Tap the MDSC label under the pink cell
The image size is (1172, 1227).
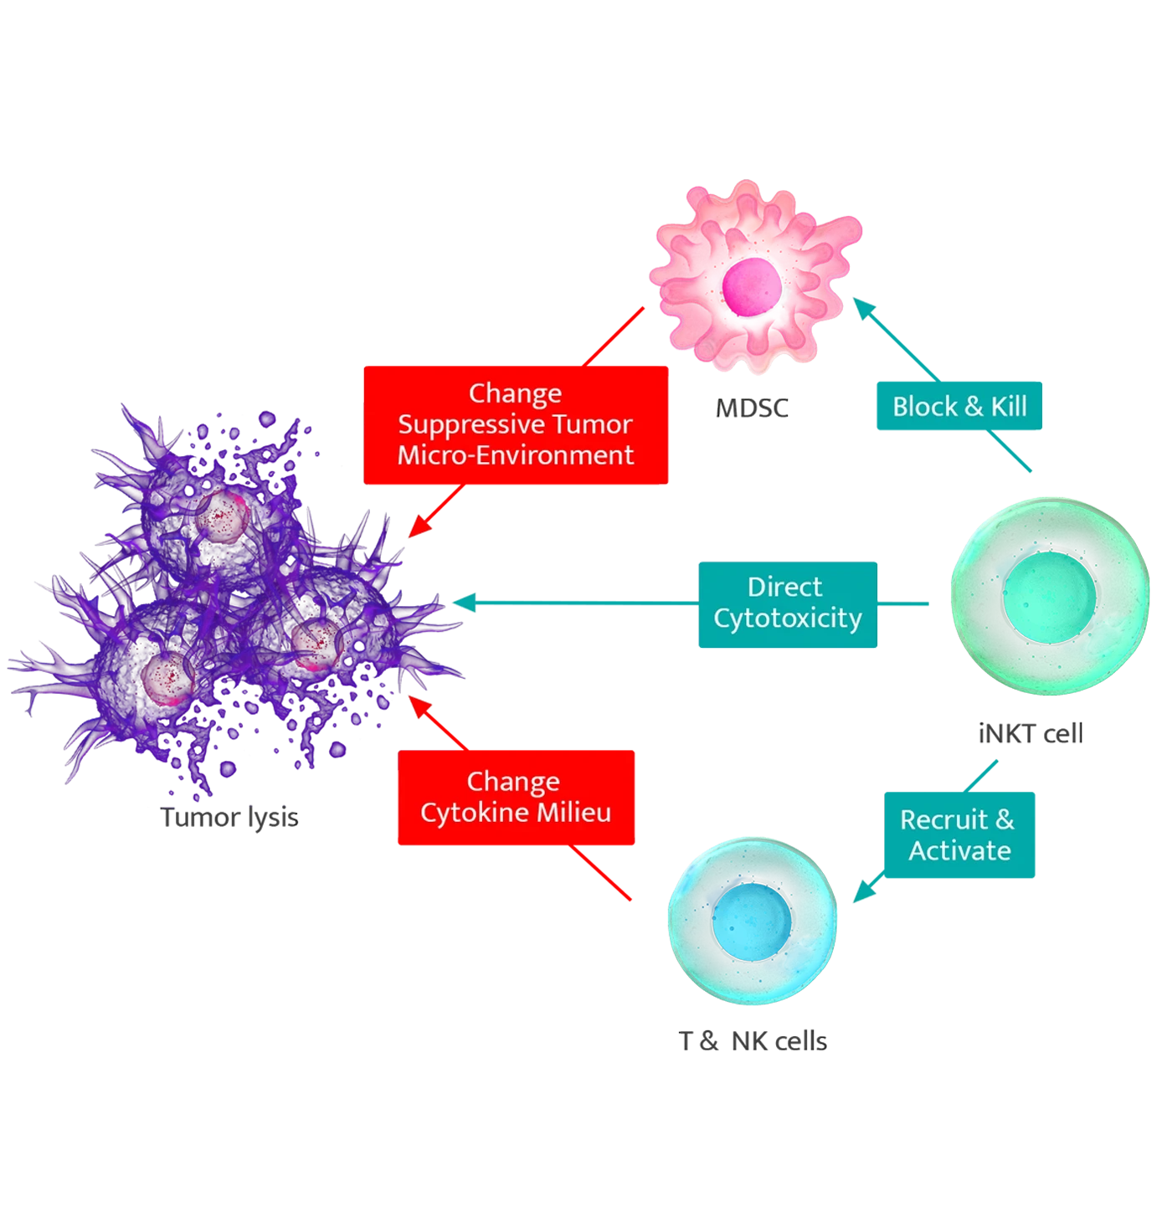point(753,409)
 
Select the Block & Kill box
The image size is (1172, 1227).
point(959,407)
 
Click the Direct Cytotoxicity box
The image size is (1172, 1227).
point(787,603)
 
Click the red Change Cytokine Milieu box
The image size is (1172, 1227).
point(515,797)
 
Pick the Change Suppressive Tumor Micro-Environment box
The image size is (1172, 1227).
point(515,424)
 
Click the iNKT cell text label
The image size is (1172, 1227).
point(1031,734)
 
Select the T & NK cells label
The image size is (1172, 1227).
point(753,1040)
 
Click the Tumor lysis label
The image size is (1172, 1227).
point(229,818)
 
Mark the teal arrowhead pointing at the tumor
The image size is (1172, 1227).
point(463,602)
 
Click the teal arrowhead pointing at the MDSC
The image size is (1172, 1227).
point(863,308)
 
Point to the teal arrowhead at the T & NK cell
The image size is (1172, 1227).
point(863,894)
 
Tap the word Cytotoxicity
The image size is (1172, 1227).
point(788,619)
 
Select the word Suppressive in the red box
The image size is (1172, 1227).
point(471,424)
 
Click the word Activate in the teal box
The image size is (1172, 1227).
point(959,850)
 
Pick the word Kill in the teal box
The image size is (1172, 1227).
point(1009,407)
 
